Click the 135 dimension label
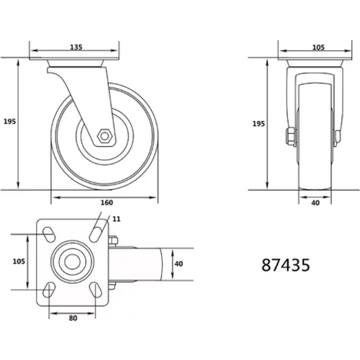pos(76,47)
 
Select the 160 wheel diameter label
pos(107,202)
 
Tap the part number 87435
pos(286,265)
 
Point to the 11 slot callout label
pos(117,219)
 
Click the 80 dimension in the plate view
pos(73,318)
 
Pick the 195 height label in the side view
pos(9,122)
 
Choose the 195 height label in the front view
pos(258,124)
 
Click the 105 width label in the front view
pos(318,48)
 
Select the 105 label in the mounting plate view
pos(19,261)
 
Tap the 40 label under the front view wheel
pos(315,203)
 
